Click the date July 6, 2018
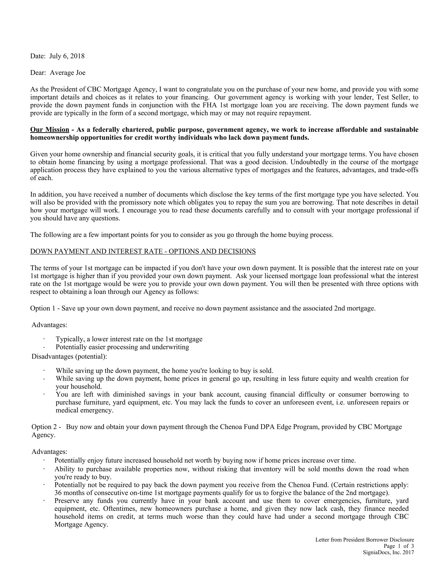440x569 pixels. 67,56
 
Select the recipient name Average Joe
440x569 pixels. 67,73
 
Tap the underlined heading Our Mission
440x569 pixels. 50,130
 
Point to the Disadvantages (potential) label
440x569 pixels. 69,356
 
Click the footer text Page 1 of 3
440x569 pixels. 399,546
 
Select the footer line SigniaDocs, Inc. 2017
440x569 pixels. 388,552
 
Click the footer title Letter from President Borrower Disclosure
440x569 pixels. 365,540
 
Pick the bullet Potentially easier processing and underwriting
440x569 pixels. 122,347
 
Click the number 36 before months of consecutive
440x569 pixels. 58,493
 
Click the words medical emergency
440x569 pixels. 84,410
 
